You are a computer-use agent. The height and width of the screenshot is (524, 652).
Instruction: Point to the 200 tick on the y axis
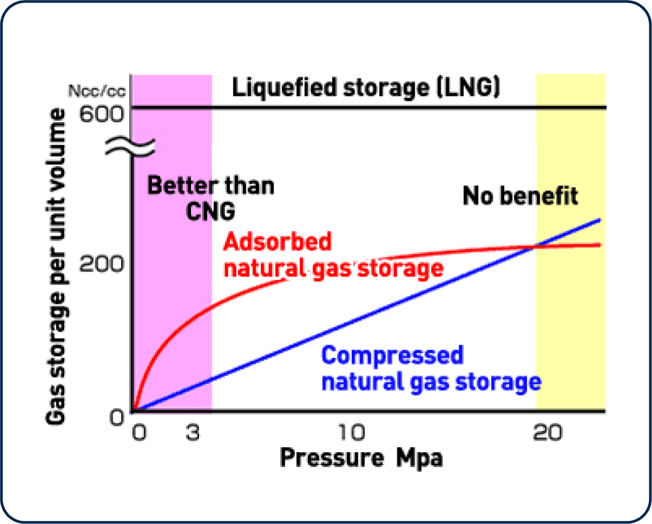click(x=103, y=265)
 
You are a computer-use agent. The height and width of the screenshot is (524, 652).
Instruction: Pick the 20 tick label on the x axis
click(x=548, y=433)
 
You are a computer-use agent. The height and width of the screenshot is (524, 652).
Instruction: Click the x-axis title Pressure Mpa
click(x=361, y=458)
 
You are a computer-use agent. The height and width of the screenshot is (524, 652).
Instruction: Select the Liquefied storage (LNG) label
click(x=365, y=88)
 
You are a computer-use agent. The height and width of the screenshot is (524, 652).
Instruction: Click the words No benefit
click(x=520, y=196)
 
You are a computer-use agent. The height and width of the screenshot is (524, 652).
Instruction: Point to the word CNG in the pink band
click(x=210, y=211)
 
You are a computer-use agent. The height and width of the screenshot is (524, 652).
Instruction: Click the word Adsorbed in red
click(x=277, y=242)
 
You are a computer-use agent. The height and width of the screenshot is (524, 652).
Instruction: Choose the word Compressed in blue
click(x=392, y=356)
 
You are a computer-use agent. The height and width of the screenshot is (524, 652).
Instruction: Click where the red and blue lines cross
click(x=533, y=247)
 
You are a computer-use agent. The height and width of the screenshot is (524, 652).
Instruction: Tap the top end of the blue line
click(x=599, y=219)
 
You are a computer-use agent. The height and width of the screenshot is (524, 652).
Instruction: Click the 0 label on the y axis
click(x=117, y=418)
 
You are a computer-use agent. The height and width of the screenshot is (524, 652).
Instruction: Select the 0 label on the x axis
click(x=140, y=433)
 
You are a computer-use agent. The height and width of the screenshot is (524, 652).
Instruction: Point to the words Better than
click(x=210, y=185)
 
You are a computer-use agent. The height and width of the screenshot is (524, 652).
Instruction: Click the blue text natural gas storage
click(x=431, y=381)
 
